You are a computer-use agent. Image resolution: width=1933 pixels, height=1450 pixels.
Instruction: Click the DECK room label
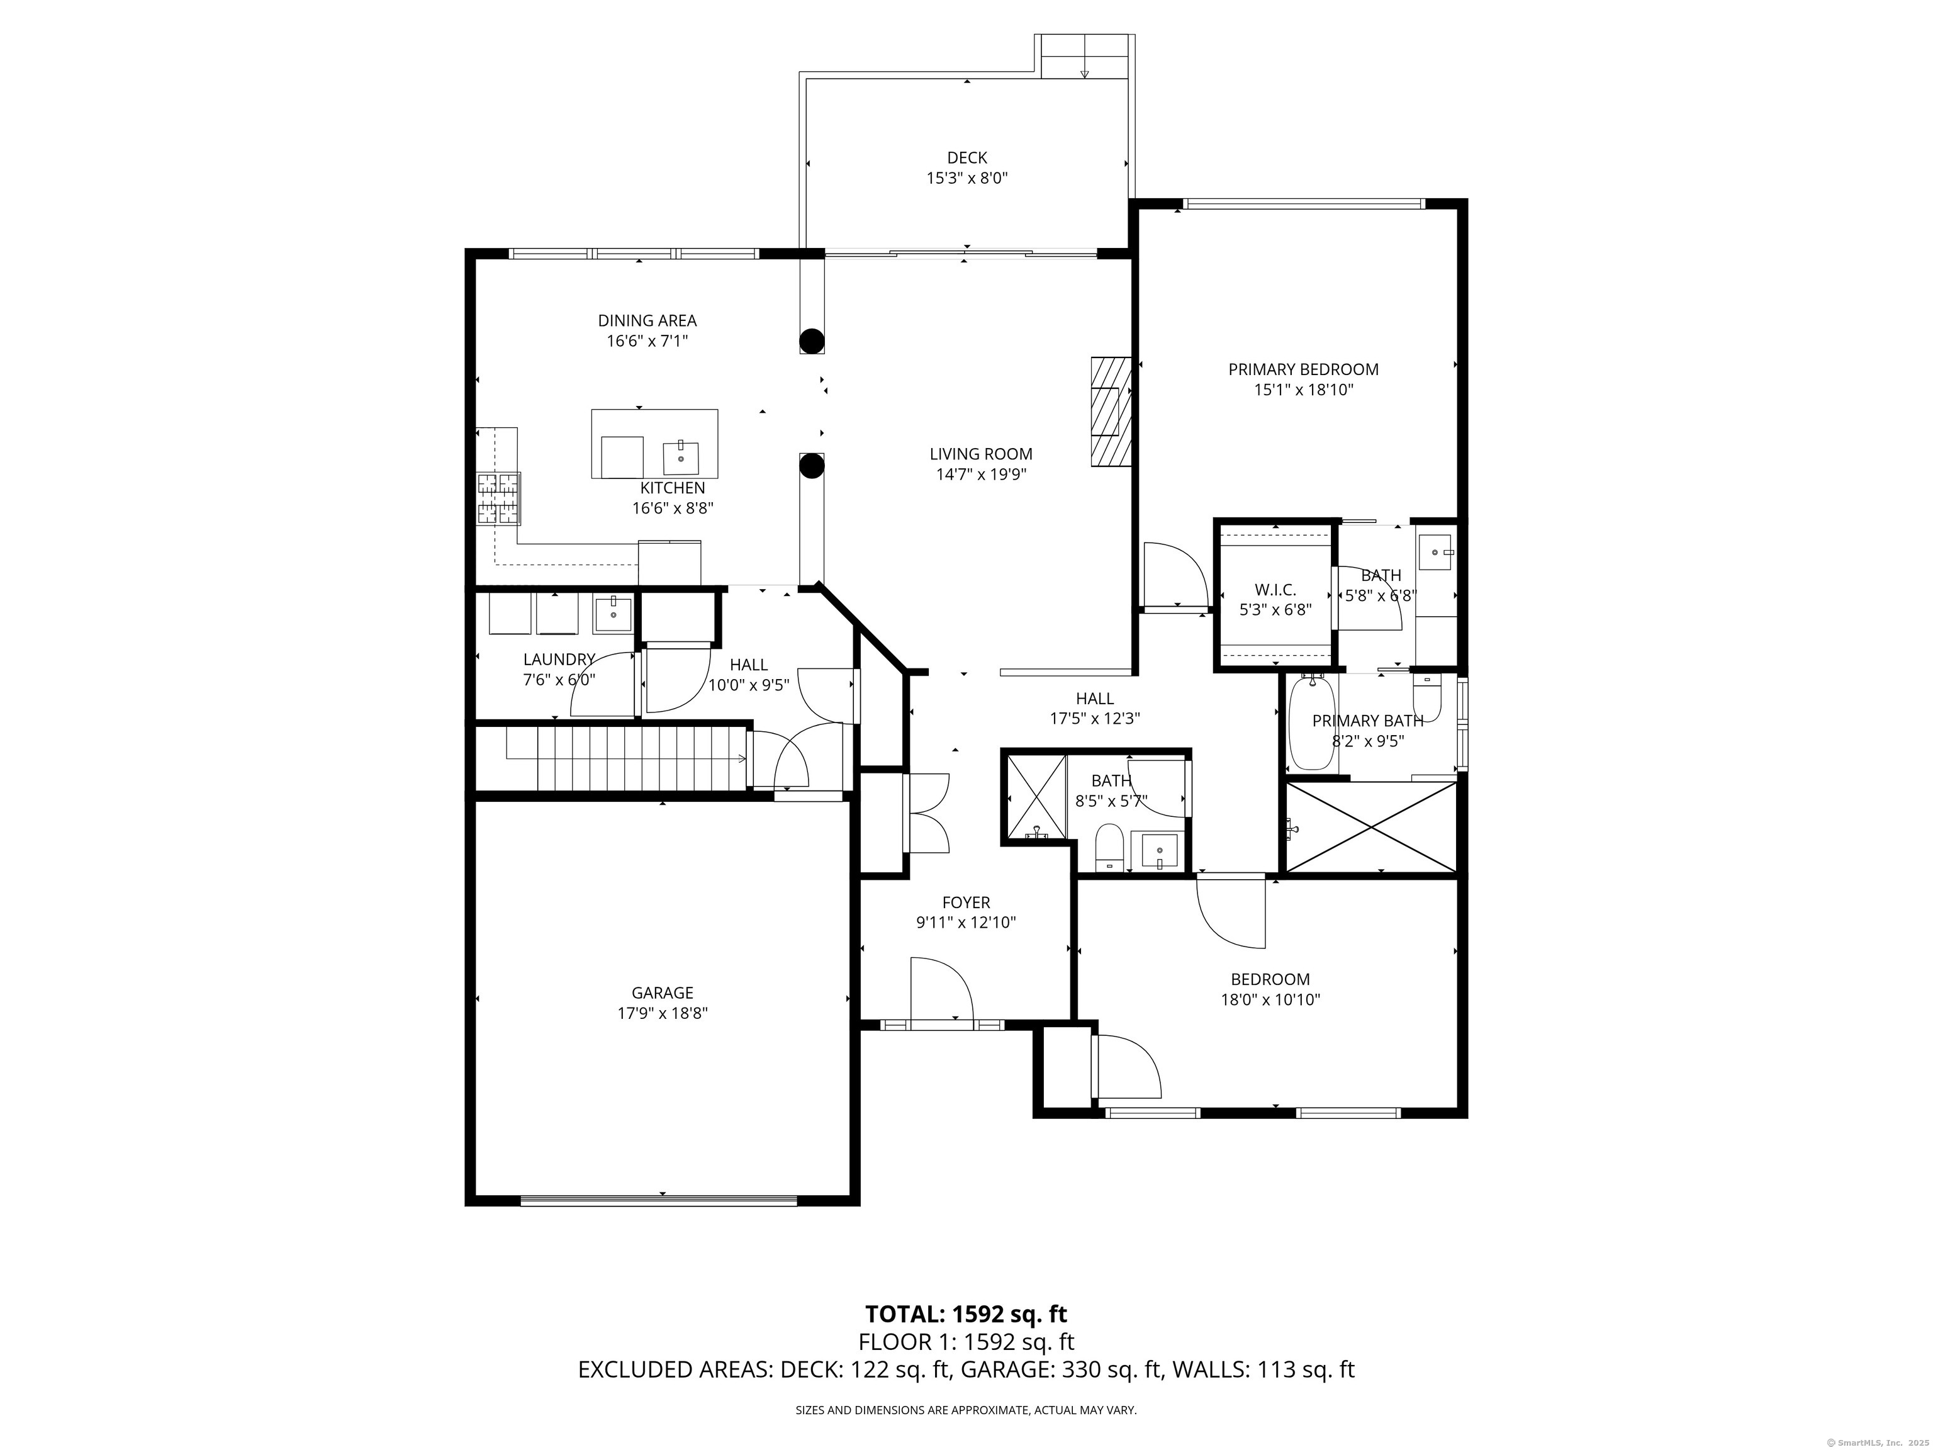[x=966, y=158]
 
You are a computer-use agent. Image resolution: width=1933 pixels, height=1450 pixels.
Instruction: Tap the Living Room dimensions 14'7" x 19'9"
[x=980, y=475]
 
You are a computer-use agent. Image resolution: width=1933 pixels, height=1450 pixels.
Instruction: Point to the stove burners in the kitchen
[x=498, y=498]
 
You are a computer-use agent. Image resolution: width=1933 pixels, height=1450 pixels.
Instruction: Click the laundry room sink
[x=614, y=614]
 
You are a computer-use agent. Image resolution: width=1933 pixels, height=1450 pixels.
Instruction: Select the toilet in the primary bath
[x=1426, y=697]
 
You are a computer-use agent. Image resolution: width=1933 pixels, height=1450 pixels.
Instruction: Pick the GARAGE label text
[x=663, y=993]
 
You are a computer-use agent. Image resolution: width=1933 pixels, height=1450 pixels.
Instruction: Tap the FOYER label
[x=966, y=902]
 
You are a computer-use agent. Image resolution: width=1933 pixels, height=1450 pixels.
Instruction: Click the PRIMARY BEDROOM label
[x=1303, y=369]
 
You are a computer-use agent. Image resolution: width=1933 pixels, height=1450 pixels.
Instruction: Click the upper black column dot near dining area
[x=812, y=339]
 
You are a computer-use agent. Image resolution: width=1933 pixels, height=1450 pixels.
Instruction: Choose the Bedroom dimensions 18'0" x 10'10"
[x=1270, y=1000]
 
